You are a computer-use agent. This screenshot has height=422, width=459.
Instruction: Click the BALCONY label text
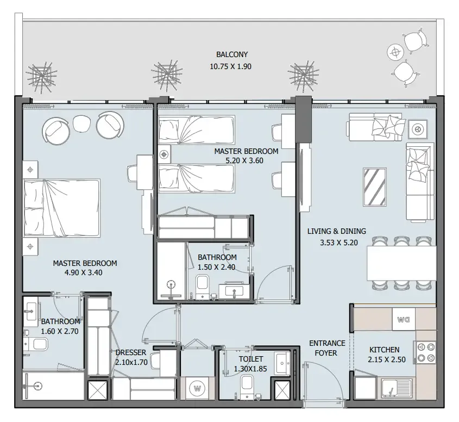point(231,54)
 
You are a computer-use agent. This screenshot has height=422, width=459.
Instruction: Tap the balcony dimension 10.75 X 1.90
point(231,66)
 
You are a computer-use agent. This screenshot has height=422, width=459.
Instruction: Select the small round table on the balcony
point(395,52)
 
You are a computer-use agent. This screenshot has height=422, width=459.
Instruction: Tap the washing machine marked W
point(198,389)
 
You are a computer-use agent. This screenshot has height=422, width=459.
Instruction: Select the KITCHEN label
point(384,350)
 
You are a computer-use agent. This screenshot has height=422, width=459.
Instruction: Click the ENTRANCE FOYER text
point(326,348)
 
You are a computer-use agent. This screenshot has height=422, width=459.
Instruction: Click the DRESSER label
point(130,352)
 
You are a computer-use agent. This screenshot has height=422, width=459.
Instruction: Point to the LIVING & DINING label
point(336,231)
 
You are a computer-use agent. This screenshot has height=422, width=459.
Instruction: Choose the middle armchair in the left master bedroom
point(81,123)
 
